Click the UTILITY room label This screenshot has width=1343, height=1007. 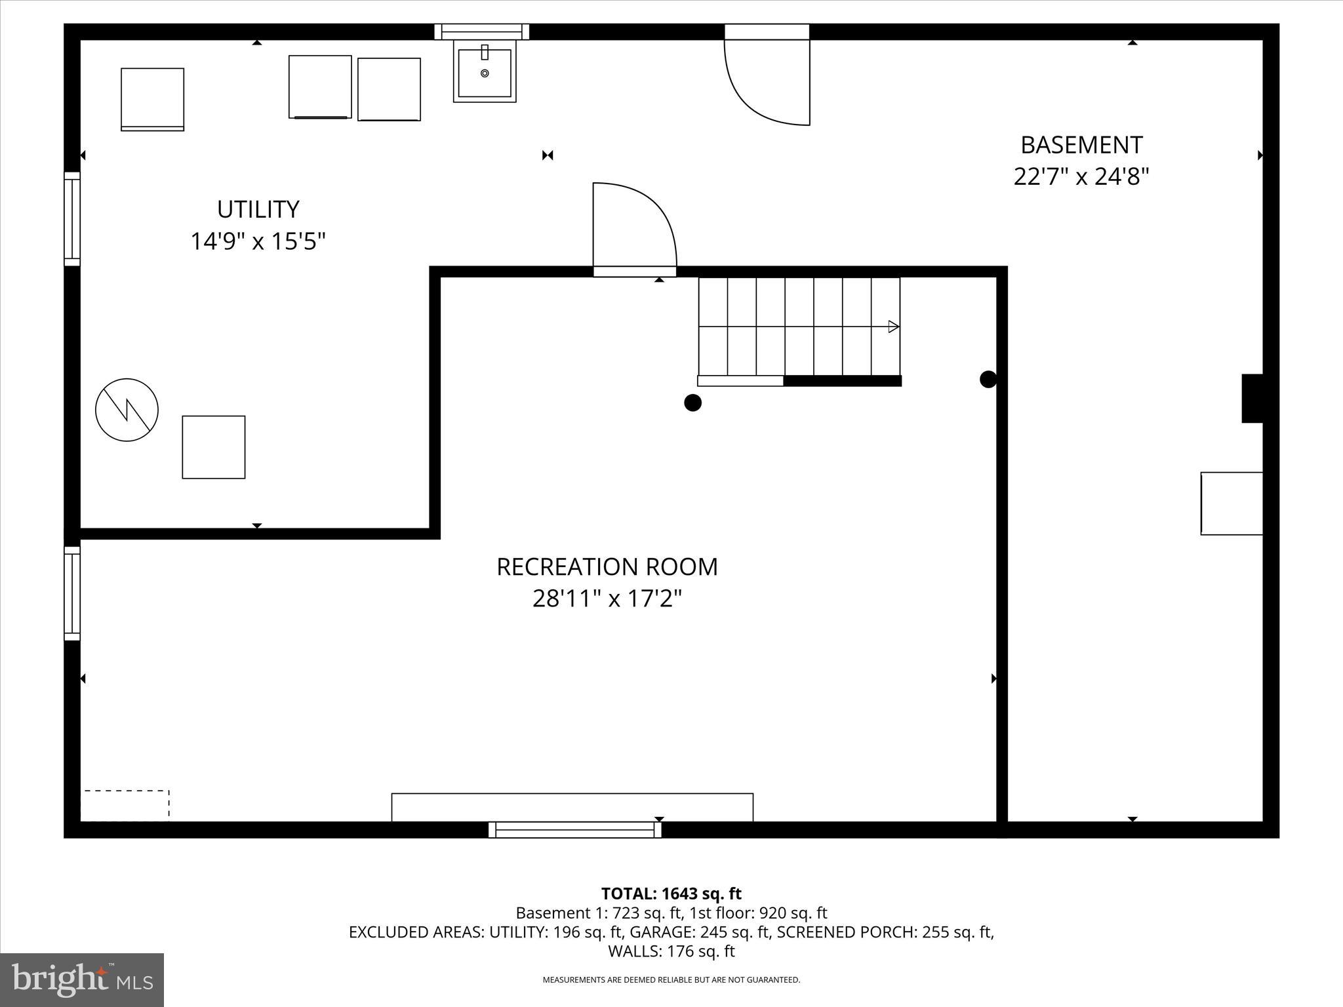pyautogui.click(x=258, y=210)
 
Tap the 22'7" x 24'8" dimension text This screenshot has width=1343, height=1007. pyautogui.click(x=1081, y=177)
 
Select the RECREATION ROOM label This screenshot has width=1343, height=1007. pyautogui.click(x=607, y=567)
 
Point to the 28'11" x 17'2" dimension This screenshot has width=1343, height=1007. pyautogui.click(x=607, y=599)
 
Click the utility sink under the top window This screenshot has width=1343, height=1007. pyautogui.click(x=485, y=72)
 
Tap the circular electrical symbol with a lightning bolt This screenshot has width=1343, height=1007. pyautogui.click(x=127, y=410)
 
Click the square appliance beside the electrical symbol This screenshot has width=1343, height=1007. pyautogui.click(x=214, y=447)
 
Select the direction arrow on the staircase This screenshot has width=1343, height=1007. pyautogui.click(x=892, y=326)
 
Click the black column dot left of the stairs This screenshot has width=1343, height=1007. pyautogui.click(x=692, y=403)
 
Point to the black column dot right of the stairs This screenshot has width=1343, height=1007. pyautogui.click(x=988, y=379)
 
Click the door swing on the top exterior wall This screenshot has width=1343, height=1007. pyautogui.click(x=767, y=79)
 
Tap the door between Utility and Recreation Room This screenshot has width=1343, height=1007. pyautogui.click(x=633, y=229)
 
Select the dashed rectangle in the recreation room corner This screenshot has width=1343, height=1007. pyautogui.click(x=125, y=806)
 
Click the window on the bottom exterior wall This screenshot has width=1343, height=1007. pyautogui.click(x=574, y=830)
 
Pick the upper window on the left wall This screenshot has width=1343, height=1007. pyautogui.click(x=72, y=219)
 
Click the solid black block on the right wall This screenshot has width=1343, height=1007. pyautogui.click(x=1253, y=398)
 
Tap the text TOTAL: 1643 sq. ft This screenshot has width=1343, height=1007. pyautogui.click(x=671, y=894)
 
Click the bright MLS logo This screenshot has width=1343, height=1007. pyautogui.click(x=82, y=980)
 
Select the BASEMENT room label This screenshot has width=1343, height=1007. pyautogui.click(x=1081, y=145)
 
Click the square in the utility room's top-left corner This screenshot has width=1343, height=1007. pyautogui.click(x=152, y=99)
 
